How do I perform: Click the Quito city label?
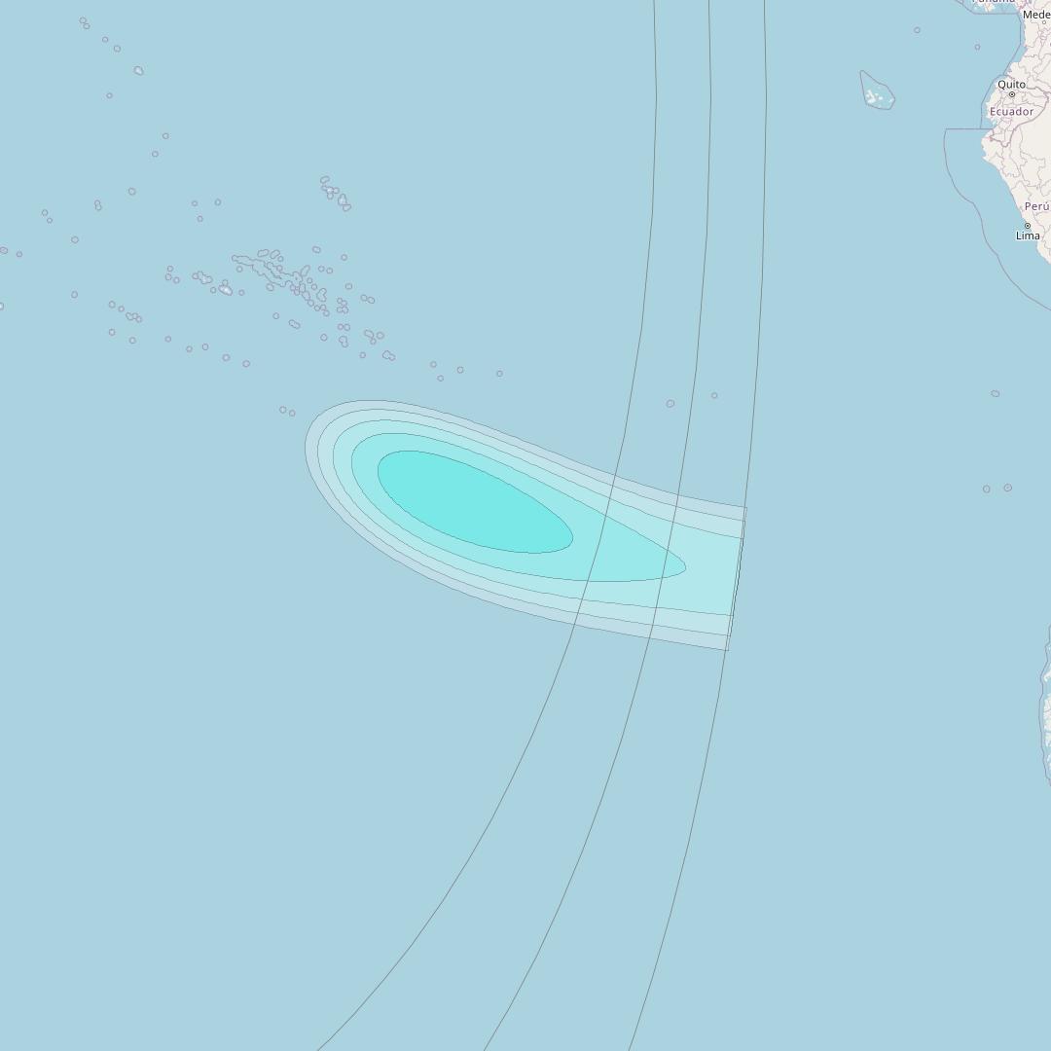(1011, 85)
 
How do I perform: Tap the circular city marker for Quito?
(1011, 94)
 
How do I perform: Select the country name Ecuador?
(1011, 112)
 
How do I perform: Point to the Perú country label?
(1036, 206)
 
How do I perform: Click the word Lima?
(1028, 236)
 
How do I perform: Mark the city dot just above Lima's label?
(1027, 226)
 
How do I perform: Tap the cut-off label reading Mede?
(1036, 15)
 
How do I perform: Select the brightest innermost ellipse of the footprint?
(473, 501)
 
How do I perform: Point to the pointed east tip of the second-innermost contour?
(684, 566)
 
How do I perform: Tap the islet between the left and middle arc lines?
(670, 403)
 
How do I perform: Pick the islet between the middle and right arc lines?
(714, 395)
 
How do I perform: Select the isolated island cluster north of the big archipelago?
(335, 194)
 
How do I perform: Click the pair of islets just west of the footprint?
(287, 412)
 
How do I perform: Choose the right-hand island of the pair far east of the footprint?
(1007, 488)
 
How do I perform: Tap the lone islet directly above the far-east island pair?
(995, 394)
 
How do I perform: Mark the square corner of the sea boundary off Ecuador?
(946, 130)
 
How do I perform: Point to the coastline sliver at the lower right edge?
(1046, 710)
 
